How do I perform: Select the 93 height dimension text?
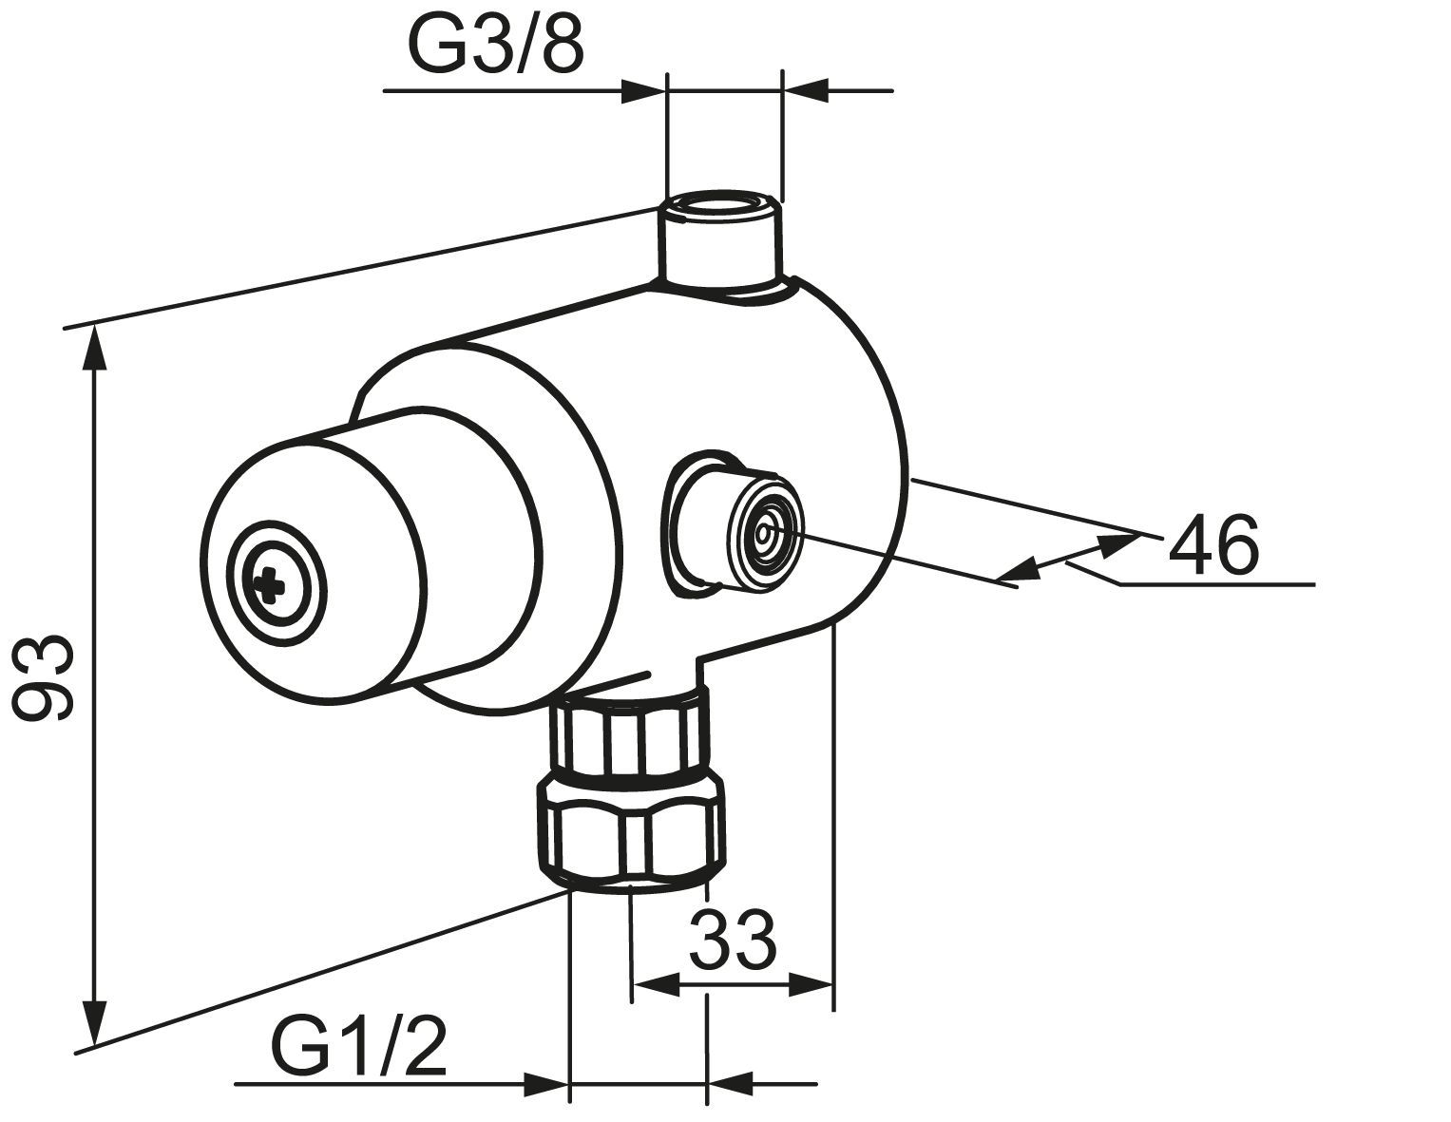(43, 677)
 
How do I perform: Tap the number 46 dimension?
(1213, 545)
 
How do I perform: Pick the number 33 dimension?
(734, 941)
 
